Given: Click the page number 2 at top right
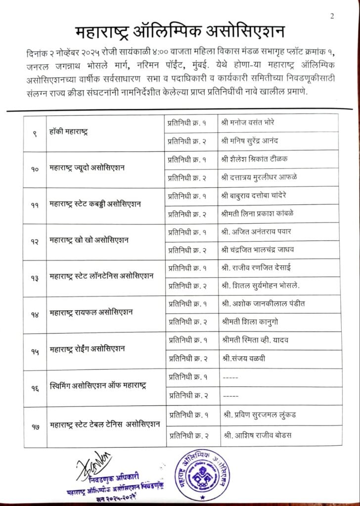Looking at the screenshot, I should (332, 16).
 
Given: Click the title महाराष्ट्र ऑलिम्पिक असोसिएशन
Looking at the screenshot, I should (180, 33).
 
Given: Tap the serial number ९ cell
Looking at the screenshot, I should (35, 132).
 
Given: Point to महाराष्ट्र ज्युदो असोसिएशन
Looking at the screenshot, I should (88, 168).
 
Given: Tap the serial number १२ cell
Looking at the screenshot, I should (35, 241).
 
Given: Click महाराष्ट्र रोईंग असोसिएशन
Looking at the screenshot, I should (88, 349).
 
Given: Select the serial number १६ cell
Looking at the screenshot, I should (35, 386).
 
